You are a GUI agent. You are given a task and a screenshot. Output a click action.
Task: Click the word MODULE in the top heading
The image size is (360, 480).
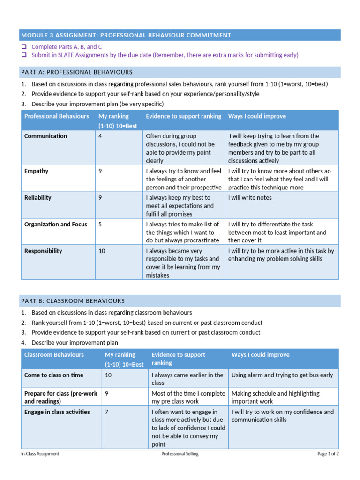34,35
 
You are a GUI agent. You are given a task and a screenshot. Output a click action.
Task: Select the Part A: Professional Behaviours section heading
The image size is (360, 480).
76,72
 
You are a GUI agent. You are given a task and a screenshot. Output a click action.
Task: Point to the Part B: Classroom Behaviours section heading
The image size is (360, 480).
73,300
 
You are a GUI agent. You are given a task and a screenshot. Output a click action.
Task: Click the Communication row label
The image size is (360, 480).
45,136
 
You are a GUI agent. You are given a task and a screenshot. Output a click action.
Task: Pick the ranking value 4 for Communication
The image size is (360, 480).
100,136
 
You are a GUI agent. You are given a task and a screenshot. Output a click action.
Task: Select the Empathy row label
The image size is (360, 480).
36,171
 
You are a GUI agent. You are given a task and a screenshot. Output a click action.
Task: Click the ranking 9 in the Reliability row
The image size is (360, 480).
100,198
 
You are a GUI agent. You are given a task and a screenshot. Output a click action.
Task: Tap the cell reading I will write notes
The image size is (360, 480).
250,198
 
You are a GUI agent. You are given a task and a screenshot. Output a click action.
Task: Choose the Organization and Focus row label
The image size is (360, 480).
56,225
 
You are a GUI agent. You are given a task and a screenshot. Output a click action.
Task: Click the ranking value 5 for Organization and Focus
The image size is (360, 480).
100,225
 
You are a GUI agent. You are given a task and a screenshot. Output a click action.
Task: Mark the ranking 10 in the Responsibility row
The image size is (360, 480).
102,251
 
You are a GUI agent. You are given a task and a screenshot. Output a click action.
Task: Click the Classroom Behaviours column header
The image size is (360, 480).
54,355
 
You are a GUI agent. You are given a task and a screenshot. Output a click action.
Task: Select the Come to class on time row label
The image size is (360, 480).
54,375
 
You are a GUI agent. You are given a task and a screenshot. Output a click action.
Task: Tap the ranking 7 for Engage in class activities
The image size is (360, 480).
107,412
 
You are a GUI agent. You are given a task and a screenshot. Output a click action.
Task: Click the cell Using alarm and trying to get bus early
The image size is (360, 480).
282,375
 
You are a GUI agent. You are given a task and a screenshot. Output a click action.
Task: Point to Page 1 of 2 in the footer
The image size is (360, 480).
328,454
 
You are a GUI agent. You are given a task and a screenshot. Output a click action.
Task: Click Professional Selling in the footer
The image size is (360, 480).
180,454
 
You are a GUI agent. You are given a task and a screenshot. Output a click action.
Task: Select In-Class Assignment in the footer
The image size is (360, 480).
40,454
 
